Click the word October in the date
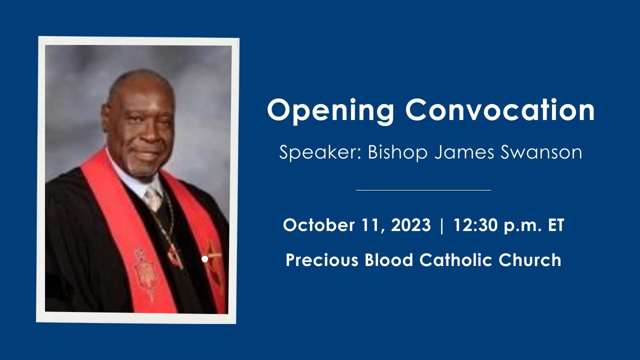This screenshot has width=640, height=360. [x=318, y=225]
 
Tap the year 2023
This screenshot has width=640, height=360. [x=410, y=225]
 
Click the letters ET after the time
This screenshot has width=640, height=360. [x=556, y=225]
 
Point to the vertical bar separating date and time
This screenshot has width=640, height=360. [x=441, y=225]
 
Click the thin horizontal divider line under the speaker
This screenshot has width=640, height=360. [x=423, y=190]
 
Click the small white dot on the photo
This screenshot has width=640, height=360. [x=204, y=259]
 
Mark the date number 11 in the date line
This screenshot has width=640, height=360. [x=373, y=225]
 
